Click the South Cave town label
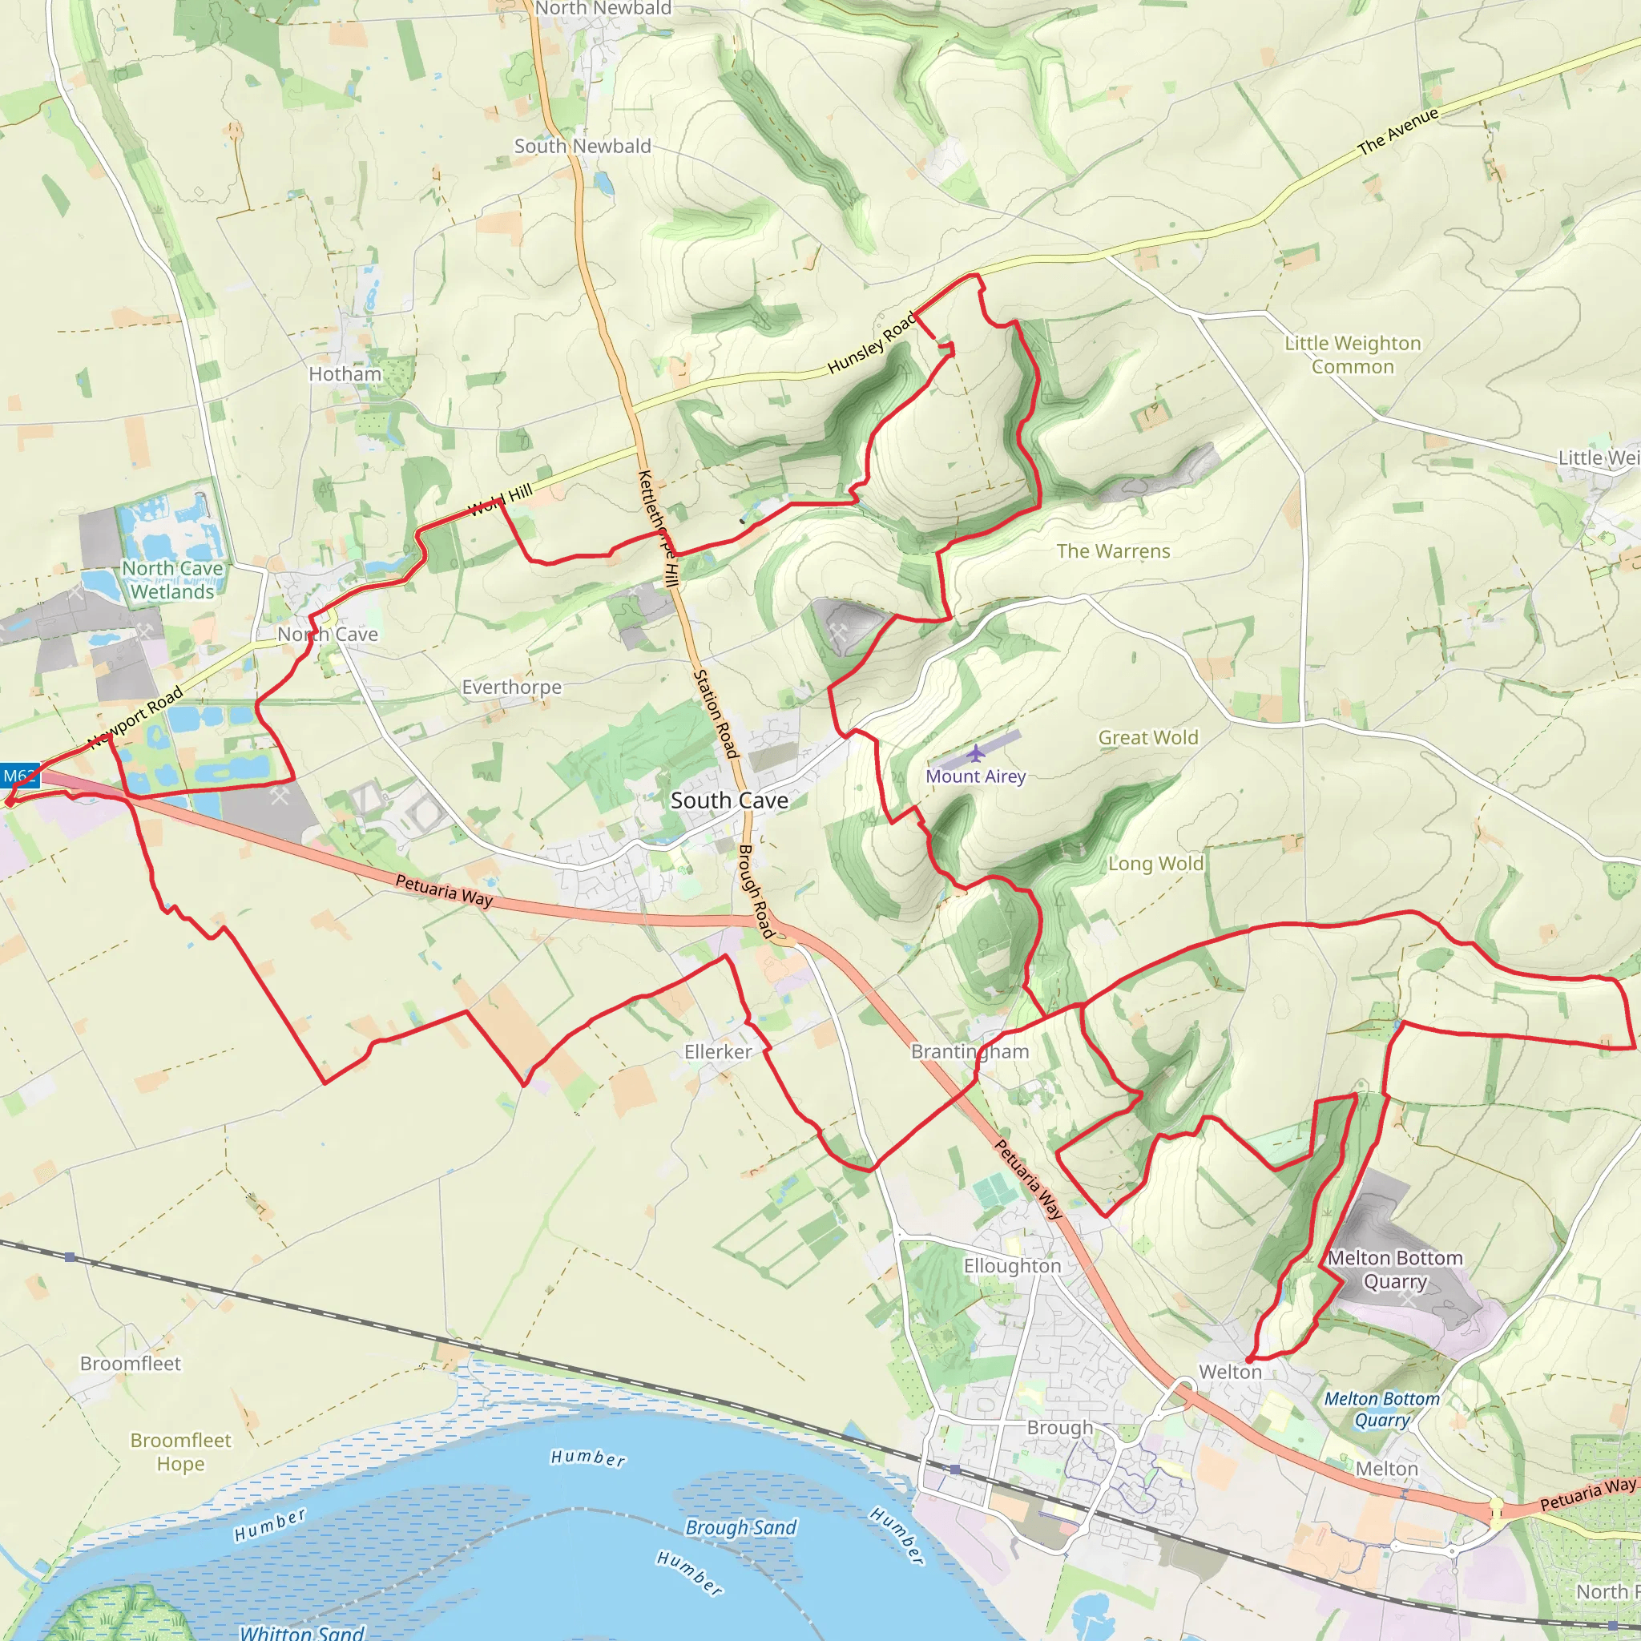pos(729,800)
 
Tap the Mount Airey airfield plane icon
pos(977,753)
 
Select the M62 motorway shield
pos(18,776)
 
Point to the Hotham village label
pos(345,373)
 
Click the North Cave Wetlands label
pos(172,580)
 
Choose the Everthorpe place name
pos(511,687)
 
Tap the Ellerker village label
pos(718,1051)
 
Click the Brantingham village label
pos(970,1051)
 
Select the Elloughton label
pos(1012,1265)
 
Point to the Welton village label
pos(1230,1372)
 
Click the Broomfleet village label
pos(130,1363)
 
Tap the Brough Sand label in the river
pos(740,1527)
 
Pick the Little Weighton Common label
pos(1353,355)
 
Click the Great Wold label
pos(1147,737)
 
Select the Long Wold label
pos(1156,864)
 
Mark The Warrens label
pos(1113,551)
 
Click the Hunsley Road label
pos(872,342)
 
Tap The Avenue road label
pos(1398,131)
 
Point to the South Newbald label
pos(583,146)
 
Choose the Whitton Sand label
pos(301,1631)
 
